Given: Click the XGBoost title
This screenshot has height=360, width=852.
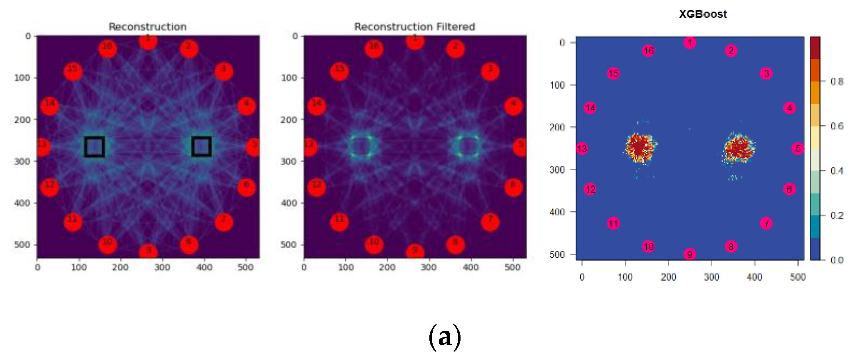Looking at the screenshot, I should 702,14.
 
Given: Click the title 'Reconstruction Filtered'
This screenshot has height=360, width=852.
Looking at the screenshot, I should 414,26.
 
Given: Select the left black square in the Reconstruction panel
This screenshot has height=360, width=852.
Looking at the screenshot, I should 94,146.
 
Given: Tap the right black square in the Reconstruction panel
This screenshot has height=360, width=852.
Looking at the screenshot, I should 201,146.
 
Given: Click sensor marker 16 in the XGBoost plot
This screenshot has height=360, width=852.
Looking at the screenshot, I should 648,51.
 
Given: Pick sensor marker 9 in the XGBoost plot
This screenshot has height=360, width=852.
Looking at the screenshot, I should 690,254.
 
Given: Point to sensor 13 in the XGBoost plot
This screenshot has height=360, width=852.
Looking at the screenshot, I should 582,148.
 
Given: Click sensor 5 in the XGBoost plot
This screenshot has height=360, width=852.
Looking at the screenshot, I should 798,148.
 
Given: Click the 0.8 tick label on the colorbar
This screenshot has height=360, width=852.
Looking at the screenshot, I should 837,82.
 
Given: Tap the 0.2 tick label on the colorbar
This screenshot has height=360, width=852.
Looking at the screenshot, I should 837,216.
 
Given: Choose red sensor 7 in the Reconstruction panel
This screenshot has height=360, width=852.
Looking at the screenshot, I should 224,222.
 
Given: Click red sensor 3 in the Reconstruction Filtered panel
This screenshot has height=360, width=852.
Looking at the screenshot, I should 490,72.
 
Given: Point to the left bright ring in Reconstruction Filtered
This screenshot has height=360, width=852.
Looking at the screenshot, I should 361,146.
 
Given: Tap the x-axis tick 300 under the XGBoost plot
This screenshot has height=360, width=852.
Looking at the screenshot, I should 711,277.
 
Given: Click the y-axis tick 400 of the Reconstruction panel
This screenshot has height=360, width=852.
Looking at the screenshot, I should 22,203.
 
